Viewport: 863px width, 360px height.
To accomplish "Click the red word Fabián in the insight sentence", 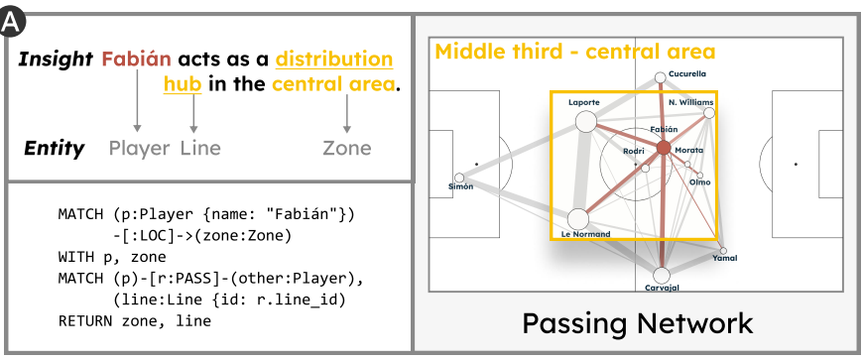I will click(134, 60).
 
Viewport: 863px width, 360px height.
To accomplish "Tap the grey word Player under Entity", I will click(140, 149).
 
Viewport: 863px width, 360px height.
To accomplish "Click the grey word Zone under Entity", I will click(347, 149).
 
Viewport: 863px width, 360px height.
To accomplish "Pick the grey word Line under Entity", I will click(200, 149).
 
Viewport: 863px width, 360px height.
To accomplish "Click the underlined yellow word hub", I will click(184, 84).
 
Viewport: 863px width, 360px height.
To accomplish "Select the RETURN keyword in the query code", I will click(87, 320).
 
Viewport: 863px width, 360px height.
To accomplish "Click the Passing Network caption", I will click(637, 322).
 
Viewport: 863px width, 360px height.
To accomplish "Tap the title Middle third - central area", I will click(575, 52).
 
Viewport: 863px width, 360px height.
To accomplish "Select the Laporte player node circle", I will click(584, 121).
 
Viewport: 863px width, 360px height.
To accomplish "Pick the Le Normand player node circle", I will click(578, 218).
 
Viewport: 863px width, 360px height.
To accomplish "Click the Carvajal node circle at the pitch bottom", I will click(662, 275).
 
